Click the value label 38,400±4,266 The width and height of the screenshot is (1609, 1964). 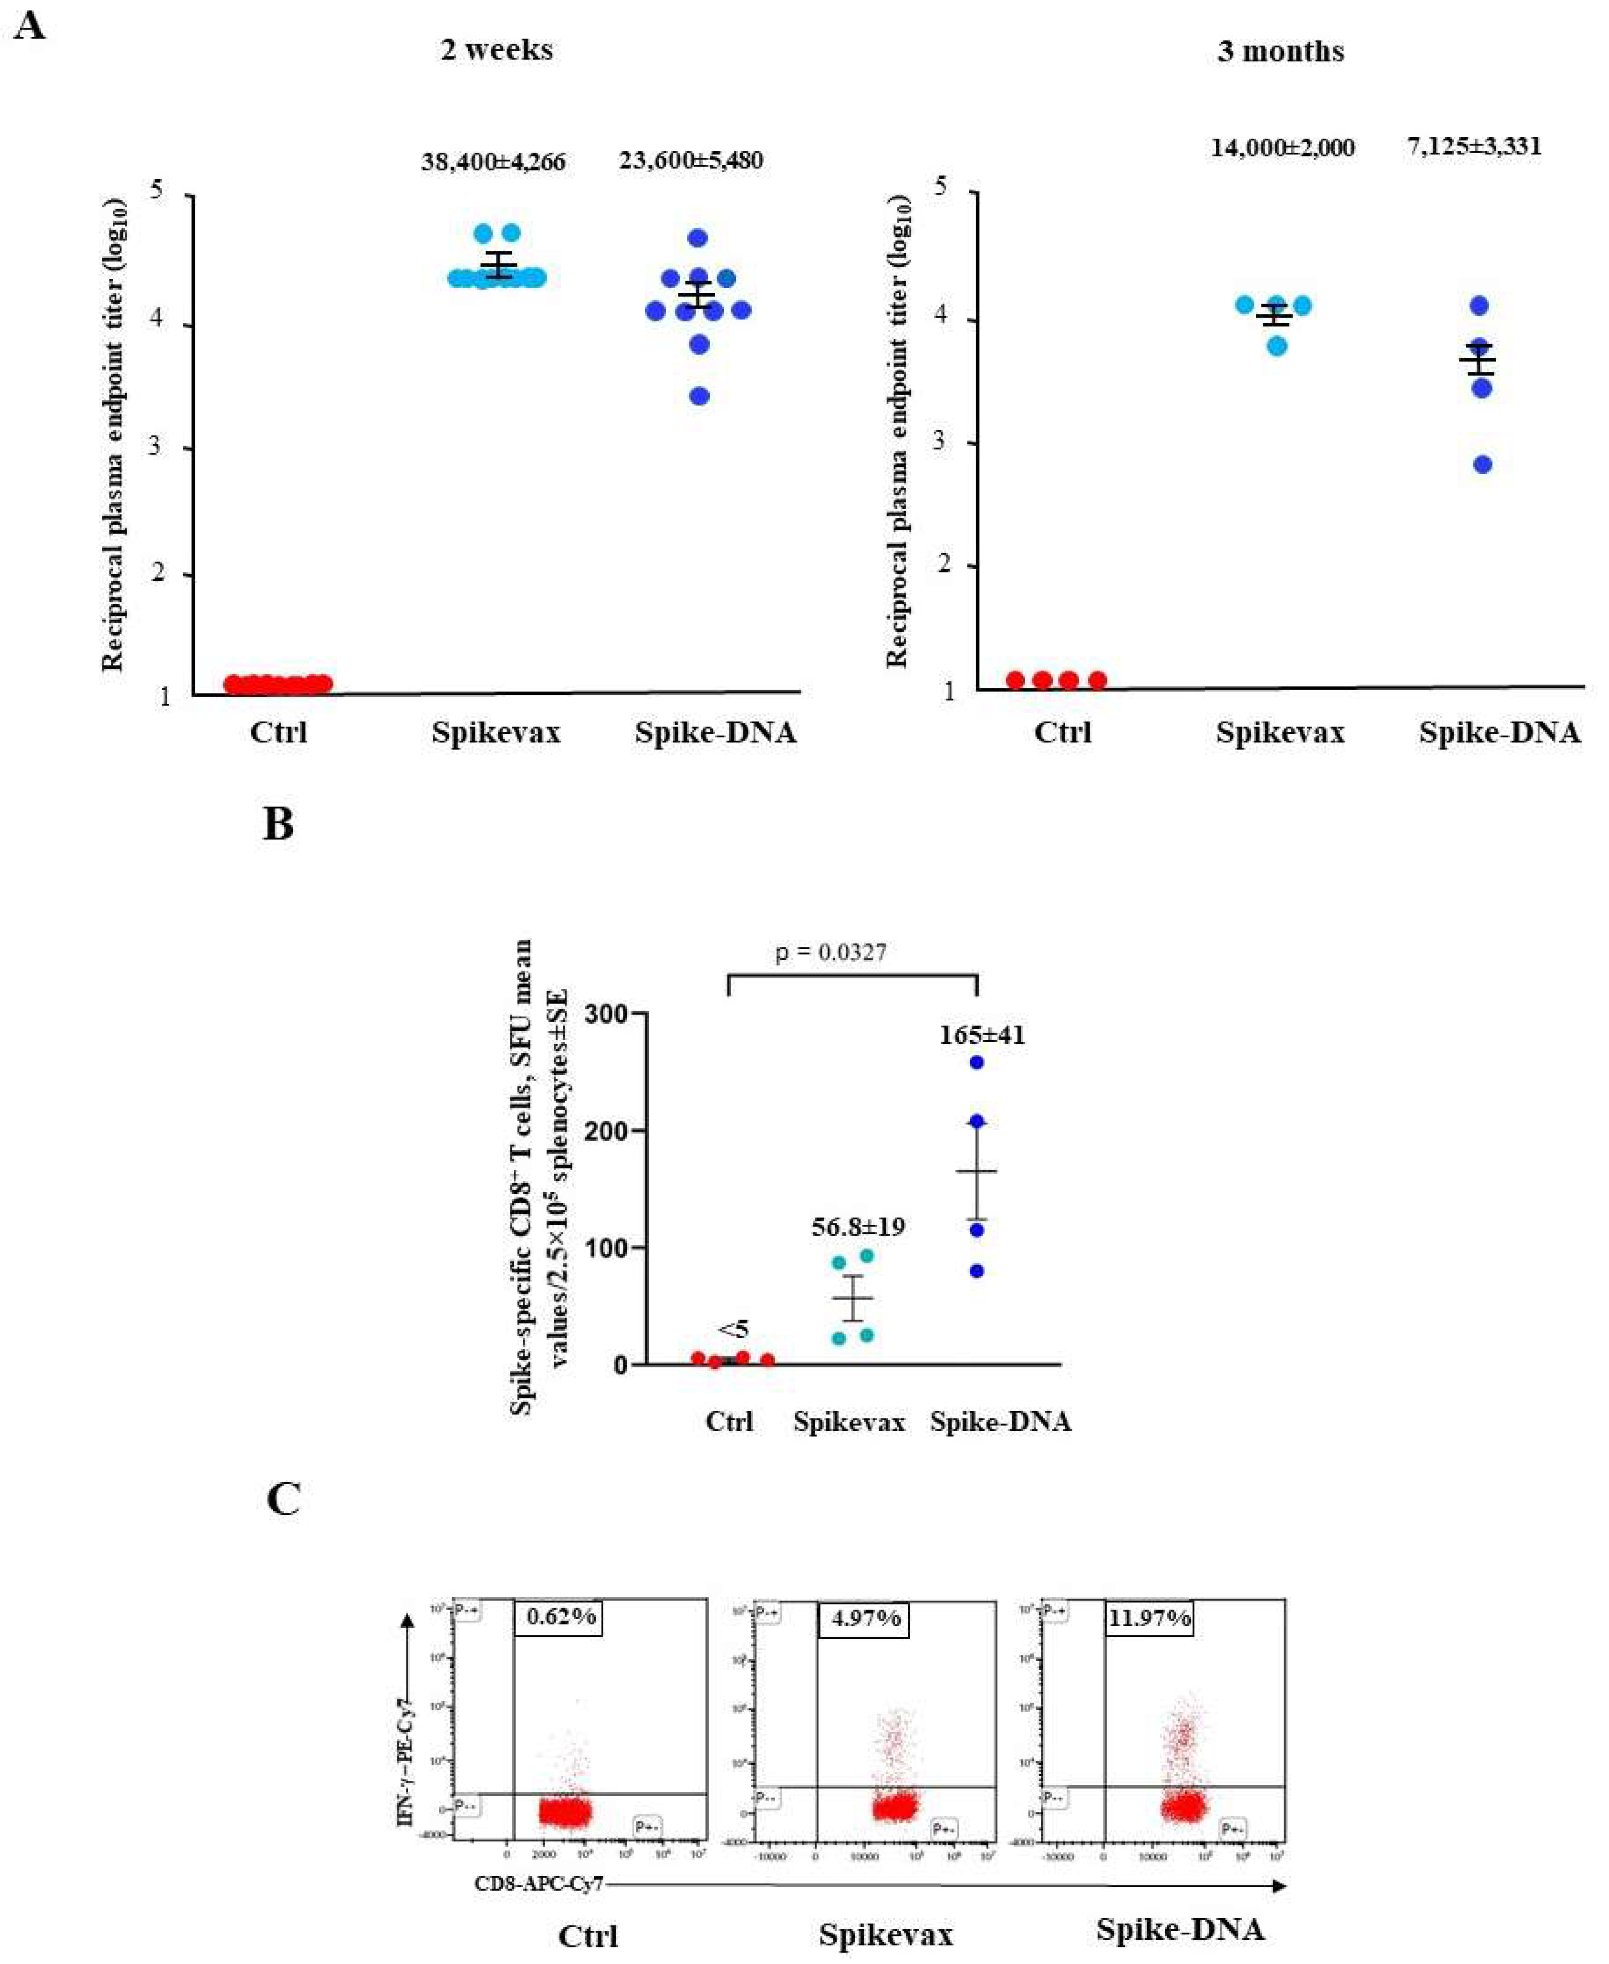(x=493, y=162)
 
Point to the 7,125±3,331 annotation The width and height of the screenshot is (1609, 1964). (x=1474, y=145)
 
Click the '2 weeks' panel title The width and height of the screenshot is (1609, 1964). (x=497, y=49)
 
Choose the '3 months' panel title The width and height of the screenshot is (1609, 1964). (x=1281, y=51)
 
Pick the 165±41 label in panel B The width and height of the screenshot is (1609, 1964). (x=982, y=1034)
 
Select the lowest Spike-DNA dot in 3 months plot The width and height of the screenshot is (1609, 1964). (x=1483, y=464)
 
